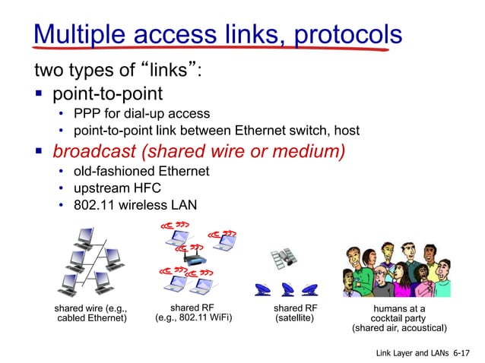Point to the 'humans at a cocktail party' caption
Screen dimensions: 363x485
tap(398, 318)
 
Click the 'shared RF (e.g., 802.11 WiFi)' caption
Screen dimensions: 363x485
tap(193, 313)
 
